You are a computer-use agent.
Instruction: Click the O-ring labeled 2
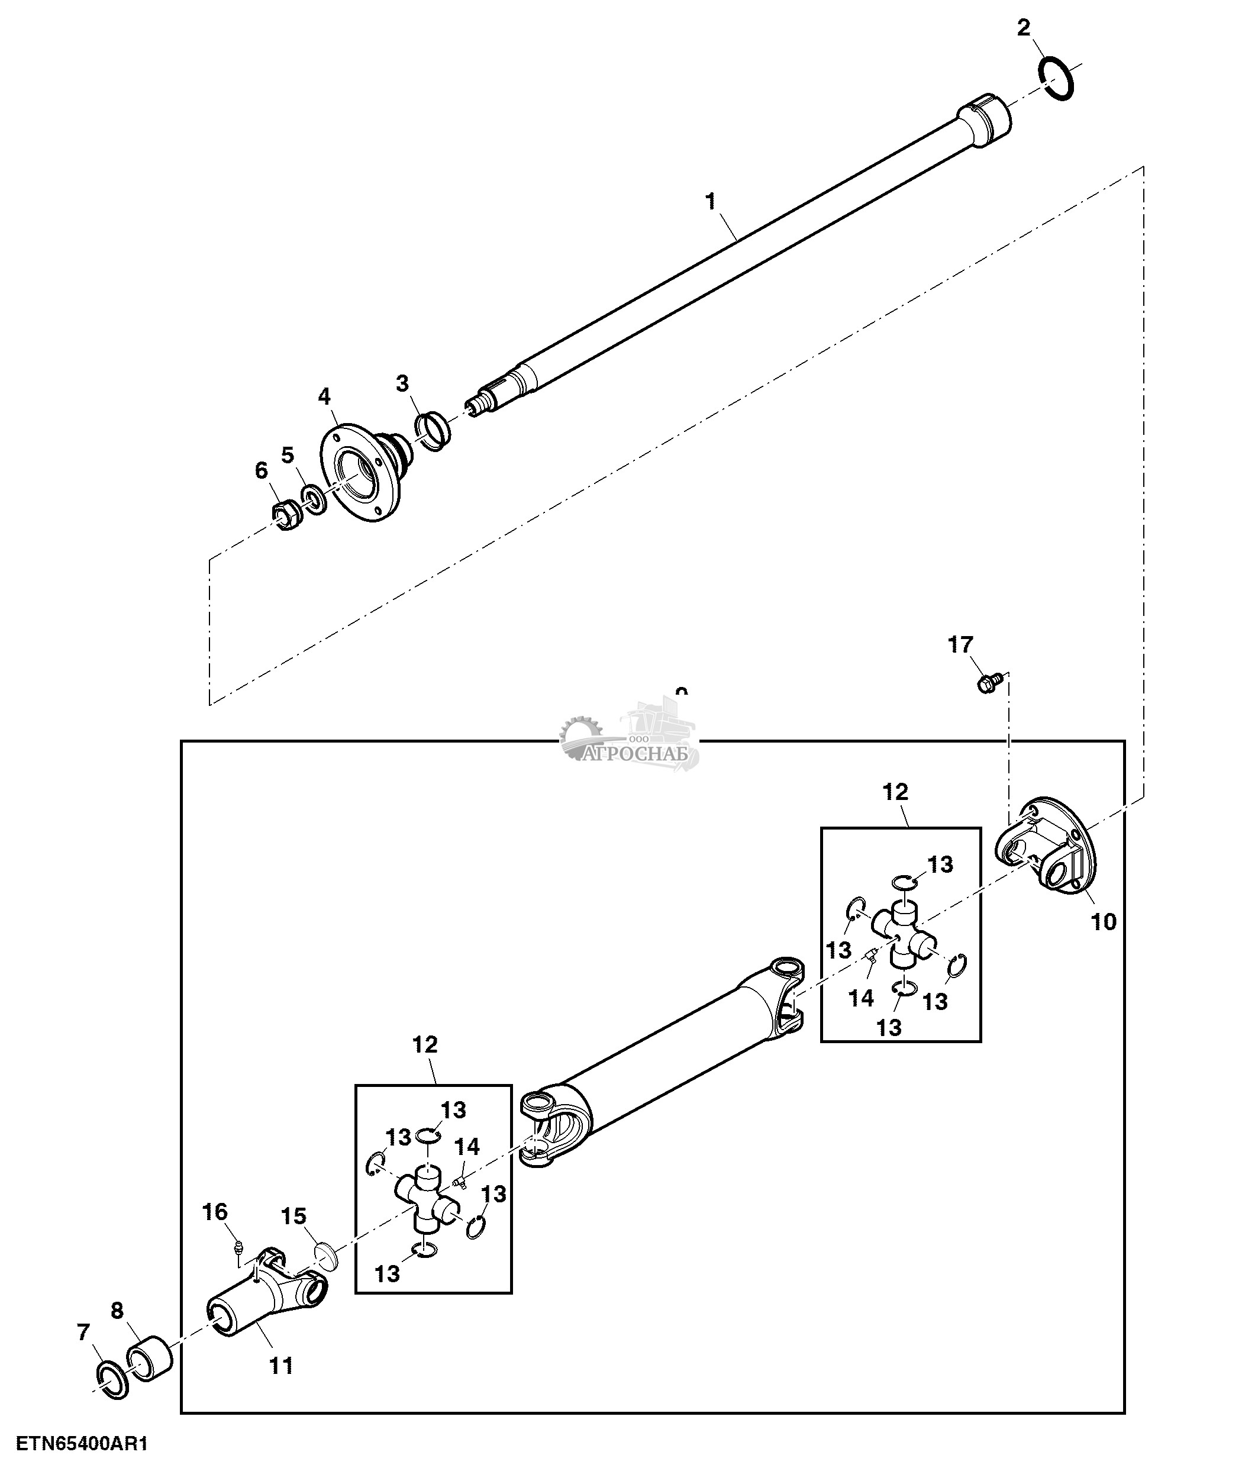(x=1056, y=80)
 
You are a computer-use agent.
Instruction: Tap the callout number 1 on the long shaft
(x=711, y=202)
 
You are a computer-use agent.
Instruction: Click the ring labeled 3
(x=432, y=430)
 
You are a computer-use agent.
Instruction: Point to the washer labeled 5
(x=314, y=499)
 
